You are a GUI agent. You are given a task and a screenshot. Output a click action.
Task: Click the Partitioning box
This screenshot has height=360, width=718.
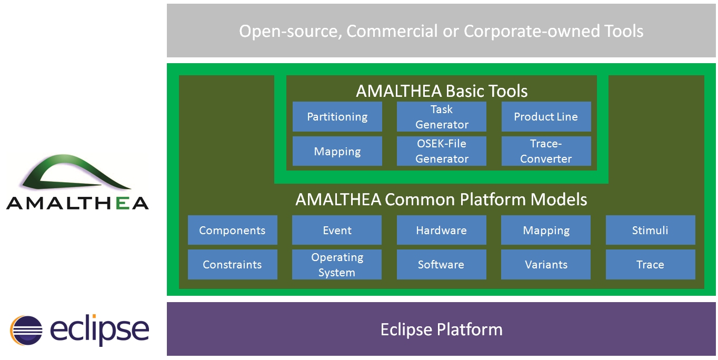(x=337, y=116)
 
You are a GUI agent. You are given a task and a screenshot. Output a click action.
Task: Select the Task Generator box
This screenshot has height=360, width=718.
(x=441, y=116)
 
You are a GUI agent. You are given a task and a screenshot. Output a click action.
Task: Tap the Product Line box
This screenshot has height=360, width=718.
(x=546, y=116)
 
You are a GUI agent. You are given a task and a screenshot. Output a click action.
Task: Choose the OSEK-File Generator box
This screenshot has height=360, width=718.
(x=441, y=151)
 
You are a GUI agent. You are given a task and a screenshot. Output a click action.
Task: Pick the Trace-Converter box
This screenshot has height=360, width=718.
(x=546, y=151)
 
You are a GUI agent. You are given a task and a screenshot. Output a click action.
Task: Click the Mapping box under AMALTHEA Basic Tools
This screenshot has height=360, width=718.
(x=337, y=151)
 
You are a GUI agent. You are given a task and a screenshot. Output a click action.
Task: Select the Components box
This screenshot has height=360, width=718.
(x=232, y=230)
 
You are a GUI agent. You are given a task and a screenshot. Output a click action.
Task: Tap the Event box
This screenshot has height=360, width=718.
(x=337, y=230)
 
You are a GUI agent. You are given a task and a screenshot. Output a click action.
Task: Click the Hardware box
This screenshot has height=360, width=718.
(x=441, y=230)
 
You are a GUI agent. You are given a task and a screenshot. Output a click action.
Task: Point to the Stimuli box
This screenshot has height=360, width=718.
(x=651, y=230)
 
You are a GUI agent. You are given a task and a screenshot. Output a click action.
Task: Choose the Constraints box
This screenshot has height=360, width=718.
(x=232, y=264)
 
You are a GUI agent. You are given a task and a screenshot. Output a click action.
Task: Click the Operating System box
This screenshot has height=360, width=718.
(x=337, y=264)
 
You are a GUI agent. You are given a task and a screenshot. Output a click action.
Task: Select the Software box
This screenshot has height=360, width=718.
(x=441, y=264)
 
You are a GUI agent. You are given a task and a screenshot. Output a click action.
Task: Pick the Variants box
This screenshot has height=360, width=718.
(x=546, y=264)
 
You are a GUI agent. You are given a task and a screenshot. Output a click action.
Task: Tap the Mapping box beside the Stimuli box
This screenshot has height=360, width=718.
(x=546, y=230)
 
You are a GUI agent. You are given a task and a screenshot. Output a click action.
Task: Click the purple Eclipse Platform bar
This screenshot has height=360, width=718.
(x=441, y=329)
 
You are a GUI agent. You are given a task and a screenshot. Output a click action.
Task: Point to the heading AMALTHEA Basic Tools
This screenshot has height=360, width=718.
(x=441, y=91)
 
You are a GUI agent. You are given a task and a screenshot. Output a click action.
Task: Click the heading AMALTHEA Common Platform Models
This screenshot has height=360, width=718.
(x=441, y=199)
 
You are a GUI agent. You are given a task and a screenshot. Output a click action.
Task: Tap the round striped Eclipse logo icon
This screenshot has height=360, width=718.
(x=26, y=331)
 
